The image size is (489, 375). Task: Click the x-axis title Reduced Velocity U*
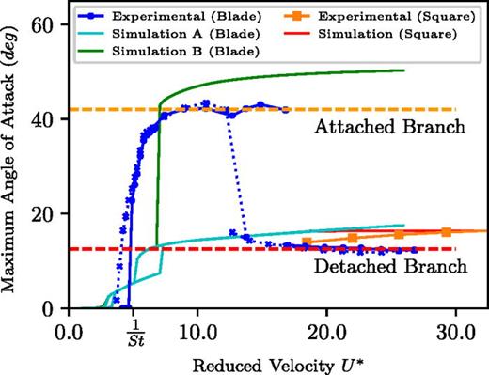pos(276,362)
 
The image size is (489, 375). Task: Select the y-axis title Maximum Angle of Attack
pos(15,156)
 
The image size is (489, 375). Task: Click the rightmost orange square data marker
pos(446,231)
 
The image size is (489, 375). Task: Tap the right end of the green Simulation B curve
pos(403,70)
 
